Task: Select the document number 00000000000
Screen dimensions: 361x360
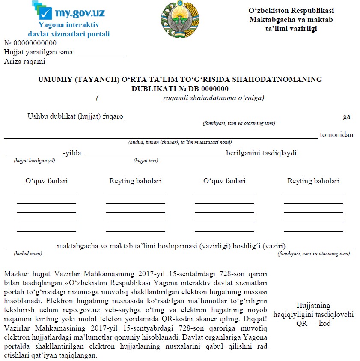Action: coord(35,43)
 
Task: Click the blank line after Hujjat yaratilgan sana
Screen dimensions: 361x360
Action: coord(100,53)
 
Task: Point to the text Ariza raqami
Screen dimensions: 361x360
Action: coord(25,62)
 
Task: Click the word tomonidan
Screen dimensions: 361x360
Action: coord(337,135)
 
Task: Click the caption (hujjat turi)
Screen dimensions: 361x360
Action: coord(146,161)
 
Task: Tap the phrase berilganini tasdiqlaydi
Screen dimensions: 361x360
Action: coord(262,153)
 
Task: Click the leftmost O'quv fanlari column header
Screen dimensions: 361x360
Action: coord(47,181)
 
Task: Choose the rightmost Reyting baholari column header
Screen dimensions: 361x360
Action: coord(313,181)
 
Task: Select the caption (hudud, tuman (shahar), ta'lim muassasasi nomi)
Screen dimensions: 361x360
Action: coord(180,142)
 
